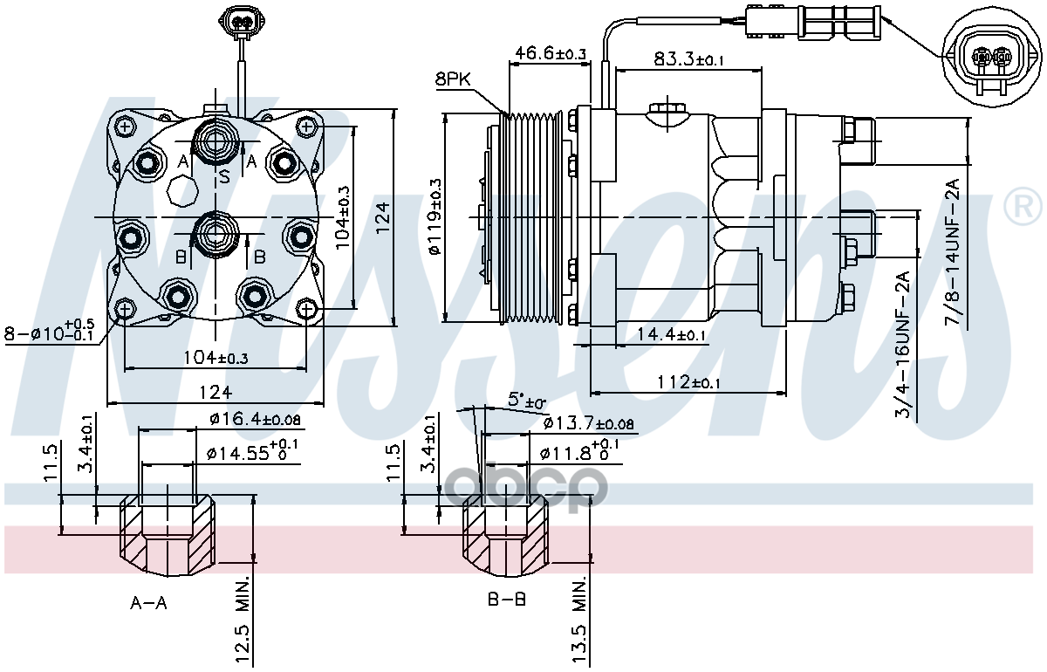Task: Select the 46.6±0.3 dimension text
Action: pyautogui.click(x=550, y=54)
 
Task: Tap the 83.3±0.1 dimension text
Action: pyautogui.click(x=690, y=59)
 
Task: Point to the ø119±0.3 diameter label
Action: pyautogui.click(x=435, y=217)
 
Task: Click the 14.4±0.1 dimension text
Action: pyautogui.click(x=671, y=334)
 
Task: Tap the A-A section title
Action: pyautogui.click(x=149, y=602)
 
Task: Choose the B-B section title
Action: pyautogui.click(x=506, y=600)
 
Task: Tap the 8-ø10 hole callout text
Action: pyautogui.click(x=51, y=332)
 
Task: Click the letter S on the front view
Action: pyautogui.click(x=224, y=177)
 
